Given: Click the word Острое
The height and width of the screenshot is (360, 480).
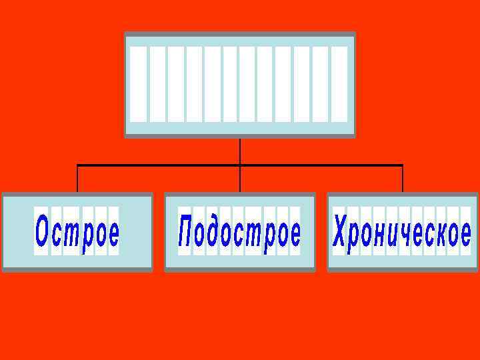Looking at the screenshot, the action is [77, 232].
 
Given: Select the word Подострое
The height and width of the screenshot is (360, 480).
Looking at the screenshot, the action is [239, 232].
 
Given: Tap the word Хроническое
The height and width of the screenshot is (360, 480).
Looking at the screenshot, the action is [402, 232].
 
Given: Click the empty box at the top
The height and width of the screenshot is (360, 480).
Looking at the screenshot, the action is [240, 85].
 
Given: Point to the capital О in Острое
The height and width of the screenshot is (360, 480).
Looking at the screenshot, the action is [42, 232].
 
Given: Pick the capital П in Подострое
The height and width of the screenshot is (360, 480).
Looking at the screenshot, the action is [185, 232].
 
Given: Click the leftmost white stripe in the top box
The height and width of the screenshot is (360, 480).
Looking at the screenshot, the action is [139, 84].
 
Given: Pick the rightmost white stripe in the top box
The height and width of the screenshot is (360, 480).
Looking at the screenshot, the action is [339, 84].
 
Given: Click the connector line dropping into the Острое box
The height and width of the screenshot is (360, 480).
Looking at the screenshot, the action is [77, 179].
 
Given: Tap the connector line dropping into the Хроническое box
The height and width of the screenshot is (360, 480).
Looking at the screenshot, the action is [403, 179].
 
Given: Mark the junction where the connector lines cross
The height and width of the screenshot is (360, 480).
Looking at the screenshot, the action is [240, 165].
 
